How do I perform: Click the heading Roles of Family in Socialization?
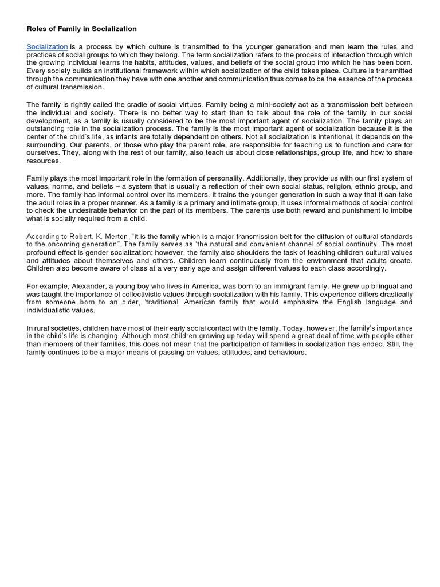(x=82, y=28)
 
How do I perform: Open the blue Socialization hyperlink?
(x=48, y=46)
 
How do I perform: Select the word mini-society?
(x=252, y=105)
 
